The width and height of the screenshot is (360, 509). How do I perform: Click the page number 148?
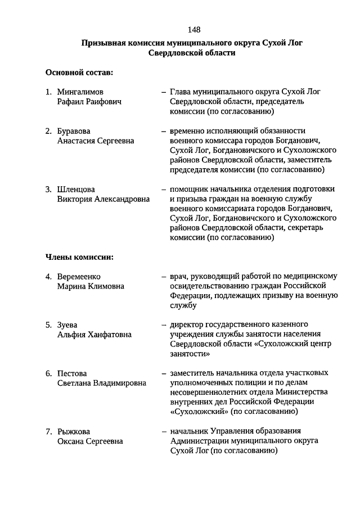click(195, 29)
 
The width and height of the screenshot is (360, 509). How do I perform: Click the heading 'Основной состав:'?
click(79, 73)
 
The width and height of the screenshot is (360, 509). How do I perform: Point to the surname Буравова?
click(74, 131)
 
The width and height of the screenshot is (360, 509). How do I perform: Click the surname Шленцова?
click(76, 189)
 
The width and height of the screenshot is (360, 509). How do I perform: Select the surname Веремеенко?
click(79, 276)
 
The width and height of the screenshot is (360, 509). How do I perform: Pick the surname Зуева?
click(67, 325)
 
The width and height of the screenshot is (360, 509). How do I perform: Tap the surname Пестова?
click(72, 373)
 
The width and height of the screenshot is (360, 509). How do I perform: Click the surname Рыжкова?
click(73, 431)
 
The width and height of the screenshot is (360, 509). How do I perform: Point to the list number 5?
click(48, 325)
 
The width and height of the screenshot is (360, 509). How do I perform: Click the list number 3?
click(48, 189)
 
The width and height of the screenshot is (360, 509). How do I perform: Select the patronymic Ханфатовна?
click(110, 335)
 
